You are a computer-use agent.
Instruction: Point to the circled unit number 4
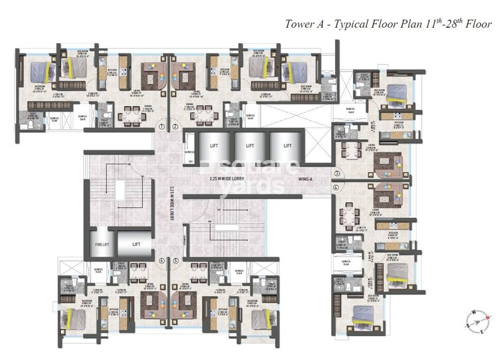336,187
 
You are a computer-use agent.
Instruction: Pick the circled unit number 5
175,260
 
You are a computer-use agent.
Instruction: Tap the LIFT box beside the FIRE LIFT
136,244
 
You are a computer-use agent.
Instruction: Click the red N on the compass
487,318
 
